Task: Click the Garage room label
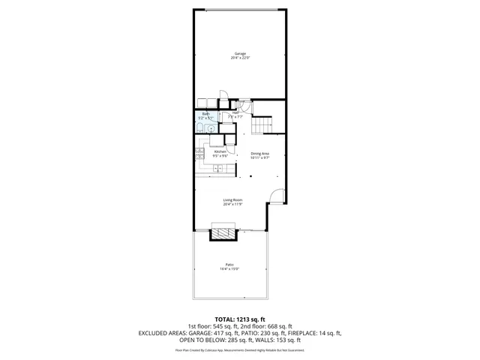tap(240, 54)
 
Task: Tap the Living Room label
tap(232, 199)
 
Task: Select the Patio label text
tap(229, 265)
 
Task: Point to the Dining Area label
tap(260, 153)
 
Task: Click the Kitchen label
tap(220, 151)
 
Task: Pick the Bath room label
tap(205, 114)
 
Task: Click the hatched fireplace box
tap(223, 234)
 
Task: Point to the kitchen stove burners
tap(199, 154)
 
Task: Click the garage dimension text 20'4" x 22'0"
tap(240, 58)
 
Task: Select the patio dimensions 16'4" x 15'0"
tap(229, 269)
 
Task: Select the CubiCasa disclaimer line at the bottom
tap(239, 349)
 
